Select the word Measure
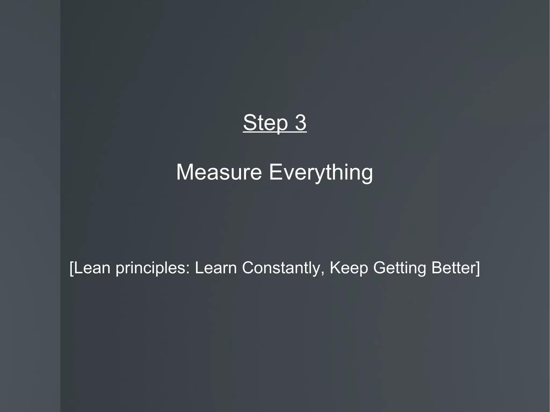coord(219,172)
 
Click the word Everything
coord(321,173)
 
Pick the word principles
coord(150,268)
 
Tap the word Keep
coord(349,268)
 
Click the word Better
coord(453,268)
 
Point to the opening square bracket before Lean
coord(71,268)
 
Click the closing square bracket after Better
coord(477,268)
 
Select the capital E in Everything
coord(274,172)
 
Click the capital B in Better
coord(436,268)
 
